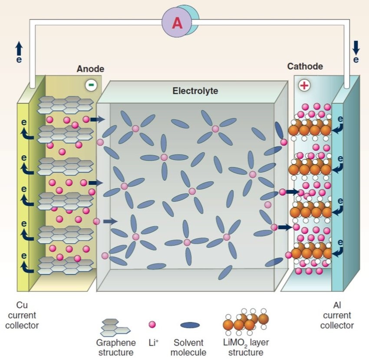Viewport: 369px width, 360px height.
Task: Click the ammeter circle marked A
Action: tap(177, 23)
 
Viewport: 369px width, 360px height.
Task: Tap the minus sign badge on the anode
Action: tap(91, 85)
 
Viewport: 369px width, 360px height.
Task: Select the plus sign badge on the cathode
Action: tap(304, 85)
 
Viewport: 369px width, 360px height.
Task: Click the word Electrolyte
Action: tap(195, 91)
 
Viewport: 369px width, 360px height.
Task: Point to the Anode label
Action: tap(90, 69)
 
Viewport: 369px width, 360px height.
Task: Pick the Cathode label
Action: tap(305, 66)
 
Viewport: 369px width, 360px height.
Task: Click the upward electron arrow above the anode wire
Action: tap(19, 49)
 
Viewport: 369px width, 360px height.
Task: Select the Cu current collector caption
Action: tap(22, 315)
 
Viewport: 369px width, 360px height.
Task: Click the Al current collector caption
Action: tap(337, 315)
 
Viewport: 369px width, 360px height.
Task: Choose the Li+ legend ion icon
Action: tap(152, 324)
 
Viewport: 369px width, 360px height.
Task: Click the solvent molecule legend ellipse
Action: tap(190, 325)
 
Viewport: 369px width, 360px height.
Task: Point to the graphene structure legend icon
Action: tap(115, 328)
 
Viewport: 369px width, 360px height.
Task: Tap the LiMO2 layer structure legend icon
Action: tap(246, 322)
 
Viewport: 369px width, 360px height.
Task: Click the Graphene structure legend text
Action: tap(116, 347)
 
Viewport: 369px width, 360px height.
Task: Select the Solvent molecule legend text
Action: tap(188, 347)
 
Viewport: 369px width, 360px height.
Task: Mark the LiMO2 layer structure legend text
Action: tap(246, 347)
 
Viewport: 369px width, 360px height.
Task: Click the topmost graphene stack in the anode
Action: tap(66, 105)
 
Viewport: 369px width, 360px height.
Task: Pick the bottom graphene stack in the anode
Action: tap(66, 265)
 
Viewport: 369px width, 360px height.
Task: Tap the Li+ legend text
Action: tap(153, 343)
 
